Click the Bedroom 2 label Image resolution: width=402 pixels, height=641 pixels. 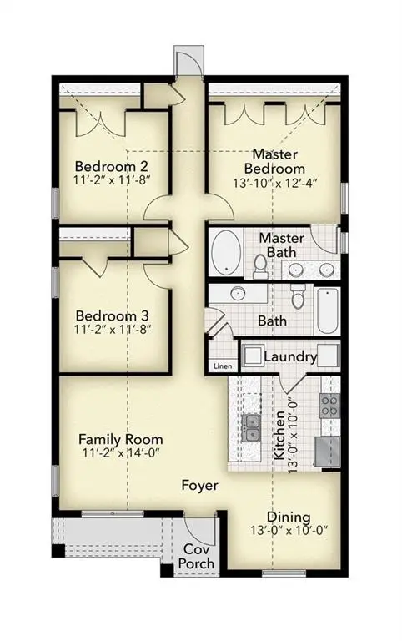[x=112, y=164]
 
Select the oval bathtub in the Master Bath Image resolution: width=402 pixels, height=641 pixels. [x=225, y=253]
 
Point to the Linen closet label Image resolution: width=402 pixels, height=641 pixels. [x=222, y=366]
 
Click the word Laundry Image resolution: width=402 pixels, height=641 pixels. [x=289, y=357]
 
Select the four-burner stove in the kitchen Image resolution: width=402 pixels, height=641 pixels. [x=330, y=406]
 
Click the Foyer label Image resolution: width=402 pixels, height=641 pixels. [x=201, y=485]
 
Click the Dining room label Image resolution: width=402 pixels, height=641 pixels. [x=289, y=517]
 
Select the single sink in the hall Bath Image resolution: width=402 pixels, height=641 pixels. [x=238, y=294]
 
